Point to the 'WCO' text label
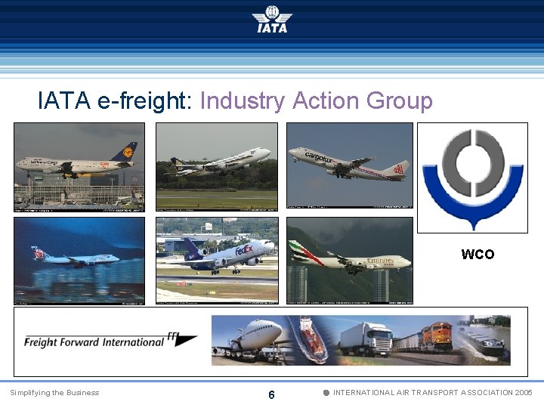(x=478, y=255)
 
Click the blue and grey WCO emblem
(x=472, y=178)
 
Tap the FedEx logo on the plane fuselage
(x=243, y=249)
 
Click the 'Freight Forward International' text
(x=94, y=342)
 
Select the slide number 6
(x=271, y=395)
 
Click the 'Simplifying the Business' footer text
(x=54, y=393)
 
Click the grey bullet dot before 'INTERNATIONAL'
(x=326, y=393)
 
